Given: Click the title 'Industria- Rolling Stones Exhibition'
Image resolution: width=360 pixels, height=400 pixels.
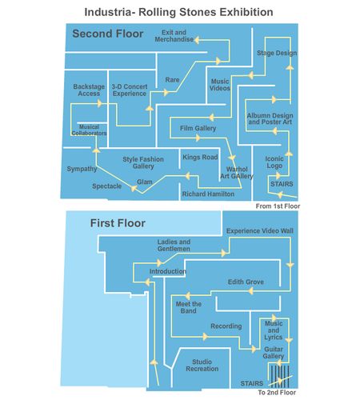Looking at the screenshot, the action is (178, 12).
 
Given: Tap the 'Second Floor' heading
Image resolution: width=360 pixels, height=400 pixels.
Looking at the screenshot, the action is (108, 34).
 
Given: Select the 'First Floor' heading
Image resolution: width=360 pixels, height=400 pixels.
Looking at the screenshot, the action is (118, 223).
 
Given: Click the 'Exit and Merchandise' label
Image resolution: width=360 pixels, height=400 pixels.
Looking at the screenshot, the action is (174, 36).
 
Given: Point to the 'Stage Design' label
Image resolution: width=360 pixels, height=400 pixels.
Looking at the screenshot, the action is (277, 53).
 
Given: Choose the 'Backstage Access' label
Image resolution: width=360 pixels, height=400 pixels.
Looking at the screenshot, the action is (89, 90).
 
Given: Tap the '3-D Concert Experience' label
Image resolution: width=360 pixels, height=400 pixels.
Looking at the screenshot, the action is (130, 90).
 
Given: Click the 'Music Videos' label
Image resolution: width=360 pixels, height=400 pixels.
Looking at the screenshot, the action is (220, 85).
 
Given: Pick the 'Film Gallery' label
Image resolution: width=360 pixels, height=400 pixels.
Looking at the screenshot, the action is (198, 128).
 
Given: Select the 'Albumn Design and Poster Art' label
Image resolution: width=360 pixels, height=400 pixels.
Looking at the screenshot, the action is (270, 119).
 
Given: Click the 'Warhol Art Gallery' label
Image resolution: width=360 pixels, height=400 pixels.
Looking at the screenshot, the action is (237, 173).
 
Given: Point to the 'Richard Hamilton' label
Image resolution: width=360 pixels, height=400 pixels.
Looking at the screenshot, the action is (208, 194).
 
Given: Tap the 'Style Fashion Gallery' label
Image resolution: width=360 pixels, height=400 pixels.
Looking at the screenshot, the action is (143, 162).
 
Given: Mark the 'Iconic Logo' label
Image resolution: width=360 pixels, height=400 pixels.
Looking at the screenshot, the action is (274, 162).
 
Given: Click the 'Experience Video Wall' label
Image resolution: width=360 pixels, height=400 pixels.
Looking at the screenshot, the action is (260, 231).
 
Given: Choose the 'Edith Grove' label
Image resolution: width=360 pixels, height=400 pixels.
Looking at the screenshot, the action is (246, 282).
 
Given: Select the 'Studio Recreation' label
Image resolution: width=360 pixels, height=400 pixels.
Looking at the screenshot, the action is (202, 366).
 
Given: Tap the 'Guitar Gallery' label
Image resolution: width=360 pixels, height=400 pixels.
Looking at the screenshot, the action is (274, 353).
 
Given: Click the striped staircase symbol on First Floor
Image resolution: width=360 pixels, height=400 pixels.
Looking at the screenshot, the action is (280, 377).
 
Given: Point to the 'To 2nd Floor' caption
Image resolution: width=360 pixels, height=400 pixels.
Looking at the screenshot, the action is (277, 393).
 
